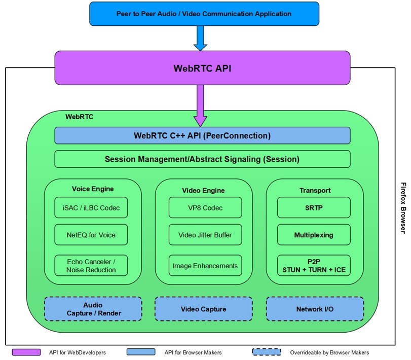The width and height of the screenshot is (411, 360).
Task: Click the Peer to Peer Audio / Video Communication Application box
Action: pos(204,14)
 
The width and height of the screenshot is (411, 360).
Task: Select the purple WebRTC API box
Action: pos(202,67)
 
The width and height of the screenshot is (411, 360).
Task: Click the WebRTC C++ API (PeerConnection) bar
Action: pos(202,135)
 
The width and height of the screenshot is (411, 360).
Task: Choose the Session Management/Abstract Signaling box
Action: pos(202,159)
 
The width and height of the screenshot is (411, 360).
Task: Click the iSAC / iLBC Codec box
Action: pos(91,207)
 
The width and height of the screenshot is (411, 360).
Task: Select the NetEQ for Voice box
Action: pos(91,235)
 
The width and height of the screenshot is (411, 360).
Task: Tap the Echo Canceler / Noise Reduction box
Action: pos(91,266)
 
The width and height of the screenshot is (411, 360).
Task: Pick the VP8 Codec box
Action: pos(205,207)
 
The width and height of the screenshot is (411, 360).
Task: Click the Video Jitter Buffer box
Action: pos(205,235)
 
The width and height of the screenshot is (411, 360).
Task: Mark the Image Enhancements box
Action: pos(205,266)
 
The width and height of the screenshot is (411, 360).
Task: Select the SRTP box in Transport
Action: pos(314,207)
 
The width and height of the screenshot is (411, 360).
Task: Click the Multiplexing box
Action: pos(314,235)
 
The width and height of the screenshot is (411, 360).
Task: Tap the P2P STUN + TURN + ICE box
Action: pos(314,266)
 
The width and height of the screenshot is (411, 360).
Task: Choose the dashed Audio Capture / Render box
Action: pos(93,309)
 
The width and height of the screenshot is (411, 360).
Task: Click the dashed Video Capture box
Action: pos(203,309)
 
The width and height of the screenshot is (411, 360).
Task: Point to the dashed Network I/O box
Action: pos(315,309)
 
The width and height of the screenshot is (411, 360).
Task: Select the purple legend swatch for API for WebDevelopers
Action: pos(26,352)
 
